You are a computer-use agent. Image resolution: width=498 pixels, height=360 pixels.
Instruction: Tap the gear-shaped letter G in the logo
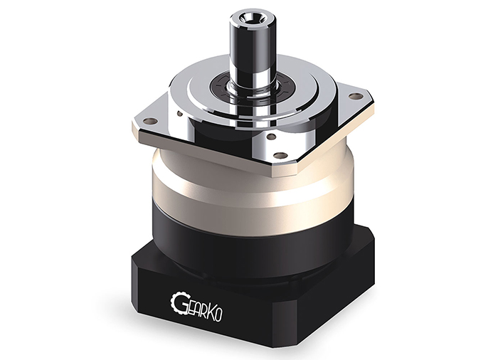[x=177, y=302]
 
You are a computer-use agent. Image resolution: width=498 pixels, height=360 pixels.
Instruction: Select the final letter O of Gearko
[x=218, y=315]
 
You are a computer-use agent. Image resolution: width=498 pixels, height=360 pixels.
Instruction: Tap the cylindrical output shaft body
[x=246, y=48]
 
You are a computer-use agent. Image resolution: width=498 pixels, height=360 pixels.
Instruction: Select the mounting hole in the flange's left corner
[x=151, y=121]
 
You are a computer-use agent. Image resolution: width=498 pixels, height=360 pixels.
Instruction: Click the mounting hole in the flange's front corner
[x=280, y=155]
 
